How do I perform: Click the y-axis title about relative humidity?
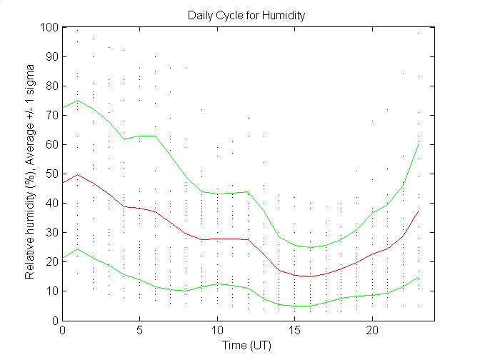[x=31, y=174]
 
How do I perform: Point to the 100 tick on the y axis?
[x=49, y=27]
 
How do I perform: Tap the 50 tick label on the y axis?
[x=51, y=174]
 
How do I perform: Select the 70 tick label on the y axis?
[x=51, y=115]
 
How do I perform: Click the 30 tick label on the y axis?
[x=51, y=232]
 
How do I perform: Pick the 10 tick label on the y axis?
[x=51, y=291]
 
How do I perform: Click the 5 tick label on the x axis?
[x=140, y=331]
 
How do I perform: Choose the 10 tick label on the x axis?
[x=217, y=331]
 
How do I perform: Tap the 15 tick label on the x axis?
[x=295, y=331]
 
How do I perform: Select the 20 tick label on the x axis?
[x=372, y=331]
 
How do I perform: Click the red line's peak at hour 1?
[x=78, y=174]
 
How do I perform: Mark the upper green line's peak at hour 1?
[x=78, y=100]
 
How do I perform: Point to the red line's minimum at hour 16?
[x=310, y=276]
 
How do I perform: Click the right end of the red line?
[x=419, y=211]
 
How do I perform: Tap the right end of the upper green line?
[x=419, y=143]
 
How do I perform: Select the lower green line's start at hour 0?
[x=63, y=259]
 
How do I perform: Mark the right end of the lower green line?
[x=419, y=277]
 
